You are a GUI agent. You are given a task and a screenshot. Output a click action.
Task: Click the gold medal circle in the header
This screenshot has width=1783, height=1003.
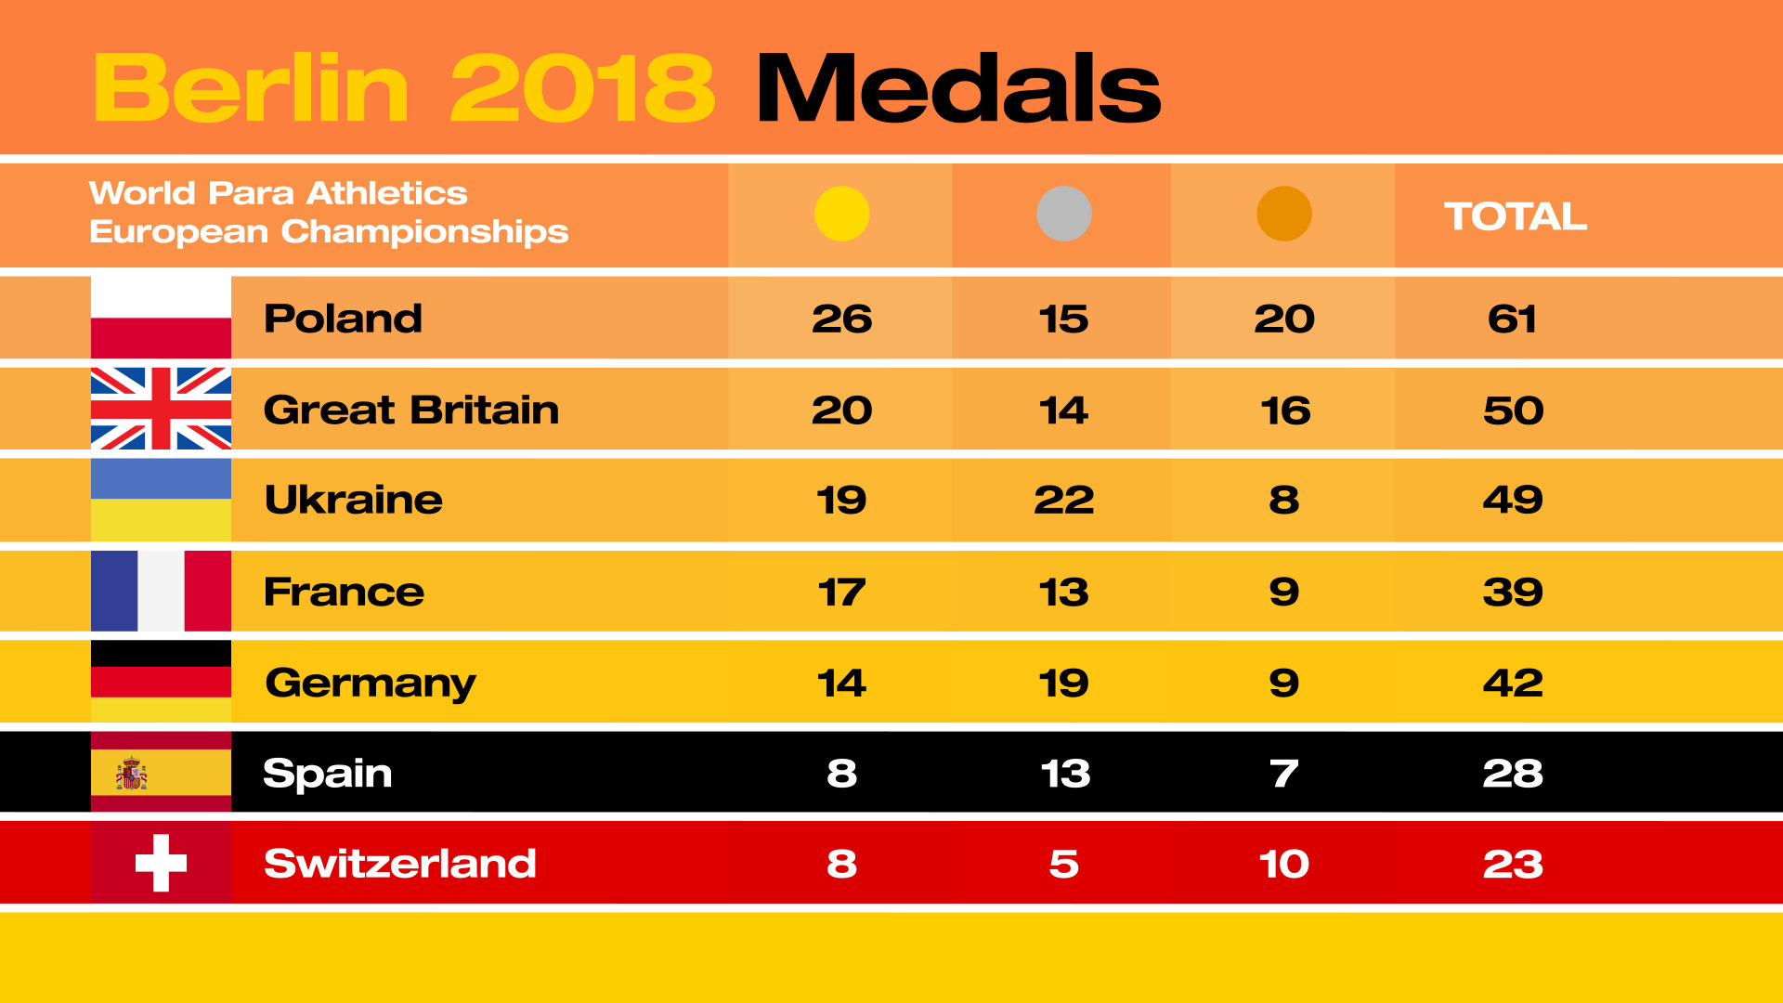pyautogui.click(x=841, y=214)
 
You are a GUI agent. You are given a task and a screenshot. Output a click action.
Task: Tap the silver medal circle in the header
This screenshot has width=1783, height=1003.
pyautogui.click(x=1063, y=214)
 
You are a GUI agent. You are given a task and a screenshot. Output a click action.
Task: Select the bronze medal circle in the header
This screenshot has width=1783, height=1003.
pyautogui.click(x=1283, y=214)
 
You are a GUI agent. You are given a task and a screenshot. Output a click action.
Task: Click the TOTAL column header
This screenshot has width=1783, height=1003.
pyautogui.click(x=1515, y=216)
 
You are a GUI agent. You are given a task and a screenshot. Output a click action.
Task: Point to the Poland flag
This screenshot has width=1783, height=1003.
pyautogui.click(x=161, y=318)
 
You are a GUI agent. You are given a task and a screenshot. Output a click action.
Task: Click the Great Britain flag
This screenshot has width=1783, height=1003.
pyautogui.click(x=161, y=409)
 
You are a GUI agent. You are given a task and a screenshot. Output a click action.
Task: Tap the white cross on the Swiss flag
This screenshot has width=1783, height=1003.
pyautogui.click(x=161, y=863)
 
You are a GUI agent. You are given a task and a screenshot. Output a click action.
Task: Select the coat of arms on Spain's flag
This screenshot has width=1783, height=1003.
pyautogui.click(x=131, y=774)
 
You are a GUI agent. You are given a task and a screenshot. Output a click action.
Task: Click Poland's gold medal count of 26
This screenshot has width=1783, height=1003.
pyautogui.click(x=841, y=319)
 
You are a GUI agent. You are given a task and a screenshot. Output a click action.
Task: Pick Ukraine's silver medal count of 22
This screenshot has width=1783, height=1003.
pyautogui.click(x=1063, y=500)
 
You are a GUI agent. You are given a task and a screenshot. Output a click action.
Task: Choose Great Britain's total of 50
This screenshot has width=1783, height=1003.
pyautogui.click(x=1513, y=410)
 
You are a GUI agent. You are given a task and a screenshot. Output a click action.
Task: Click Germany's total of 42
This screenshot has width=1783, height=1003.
pyautogui.click(x=1513, y=683)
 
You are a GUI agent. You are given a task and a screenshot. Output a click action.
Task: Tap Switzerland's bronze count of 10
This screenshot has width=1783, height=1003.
pyautogui.click(x=1283, y=864)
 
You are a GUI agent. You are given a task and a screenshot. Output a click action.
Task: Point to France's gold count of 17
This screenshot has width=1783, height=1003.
pyautogui.click(x=841, y=592)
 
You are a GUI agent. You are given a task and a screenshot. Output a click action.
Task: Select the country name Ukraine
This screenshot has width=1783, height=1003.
pyautogui.click(x=353, y=500)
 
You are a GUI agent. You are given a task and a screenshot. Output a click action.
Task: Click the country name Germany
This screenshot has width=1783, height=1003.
pyautogui.click(x=371, y=684)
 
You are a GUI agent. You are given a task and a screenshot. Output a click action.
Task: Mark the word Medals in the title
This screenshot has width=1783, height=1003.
pyautogui.click(x=958, y=88)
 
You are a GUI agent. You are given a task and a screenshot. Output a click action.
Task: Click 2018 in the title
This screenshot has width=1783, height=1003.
pyautogui.click(x=582, y=88)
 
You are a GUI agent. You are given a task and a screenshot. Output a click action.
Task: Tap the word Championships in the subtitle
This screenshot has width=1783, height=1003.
pyautogui.click(x=424, y=232)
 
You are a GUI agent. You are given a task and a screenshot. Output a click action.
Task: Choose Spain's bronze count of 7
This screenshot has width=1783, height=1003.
pyautogui.click(x=1283, y=773)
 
